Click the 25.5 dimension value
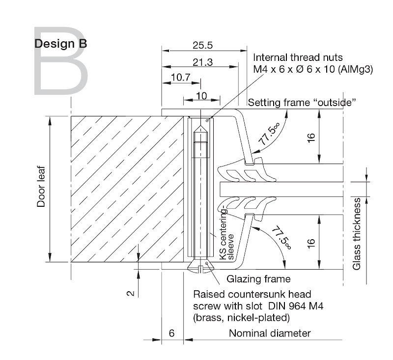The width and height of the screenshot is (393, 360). point(202,45)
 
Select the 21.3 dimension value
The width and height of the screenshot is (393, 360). point(202,62)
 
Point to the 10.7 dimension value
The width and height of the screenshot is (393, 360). point(181,78)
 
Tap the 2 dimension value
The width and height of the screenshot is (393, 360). point(131,293)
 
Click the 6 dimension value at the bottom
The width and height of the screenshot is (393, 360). point(171,333)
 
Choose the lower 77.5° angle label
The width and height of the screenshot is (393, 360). point(282,238)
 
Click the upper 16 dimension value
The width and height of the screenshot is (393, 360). point(311,138)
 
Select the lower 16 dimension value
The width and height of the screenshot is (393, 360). point(311,243)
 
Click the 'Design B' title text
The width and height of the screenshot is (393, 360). point(60,44)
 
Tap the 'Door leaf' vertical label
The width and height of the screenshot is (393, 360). point(41,187)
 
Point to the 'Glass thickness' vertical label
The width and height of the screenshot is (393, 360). point(357,234)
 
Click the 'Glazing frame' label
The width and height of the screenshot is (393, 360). point(258,279)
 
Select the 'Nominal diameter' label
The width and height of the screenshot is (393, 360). point(270,333)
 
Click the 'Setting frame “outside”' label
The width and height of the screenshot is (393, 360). point(302,103)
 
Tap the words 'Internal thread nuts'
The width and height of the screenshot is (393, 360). point(298,57)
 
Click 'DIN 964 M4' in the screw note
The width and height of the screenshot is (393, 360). point(296,306)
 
